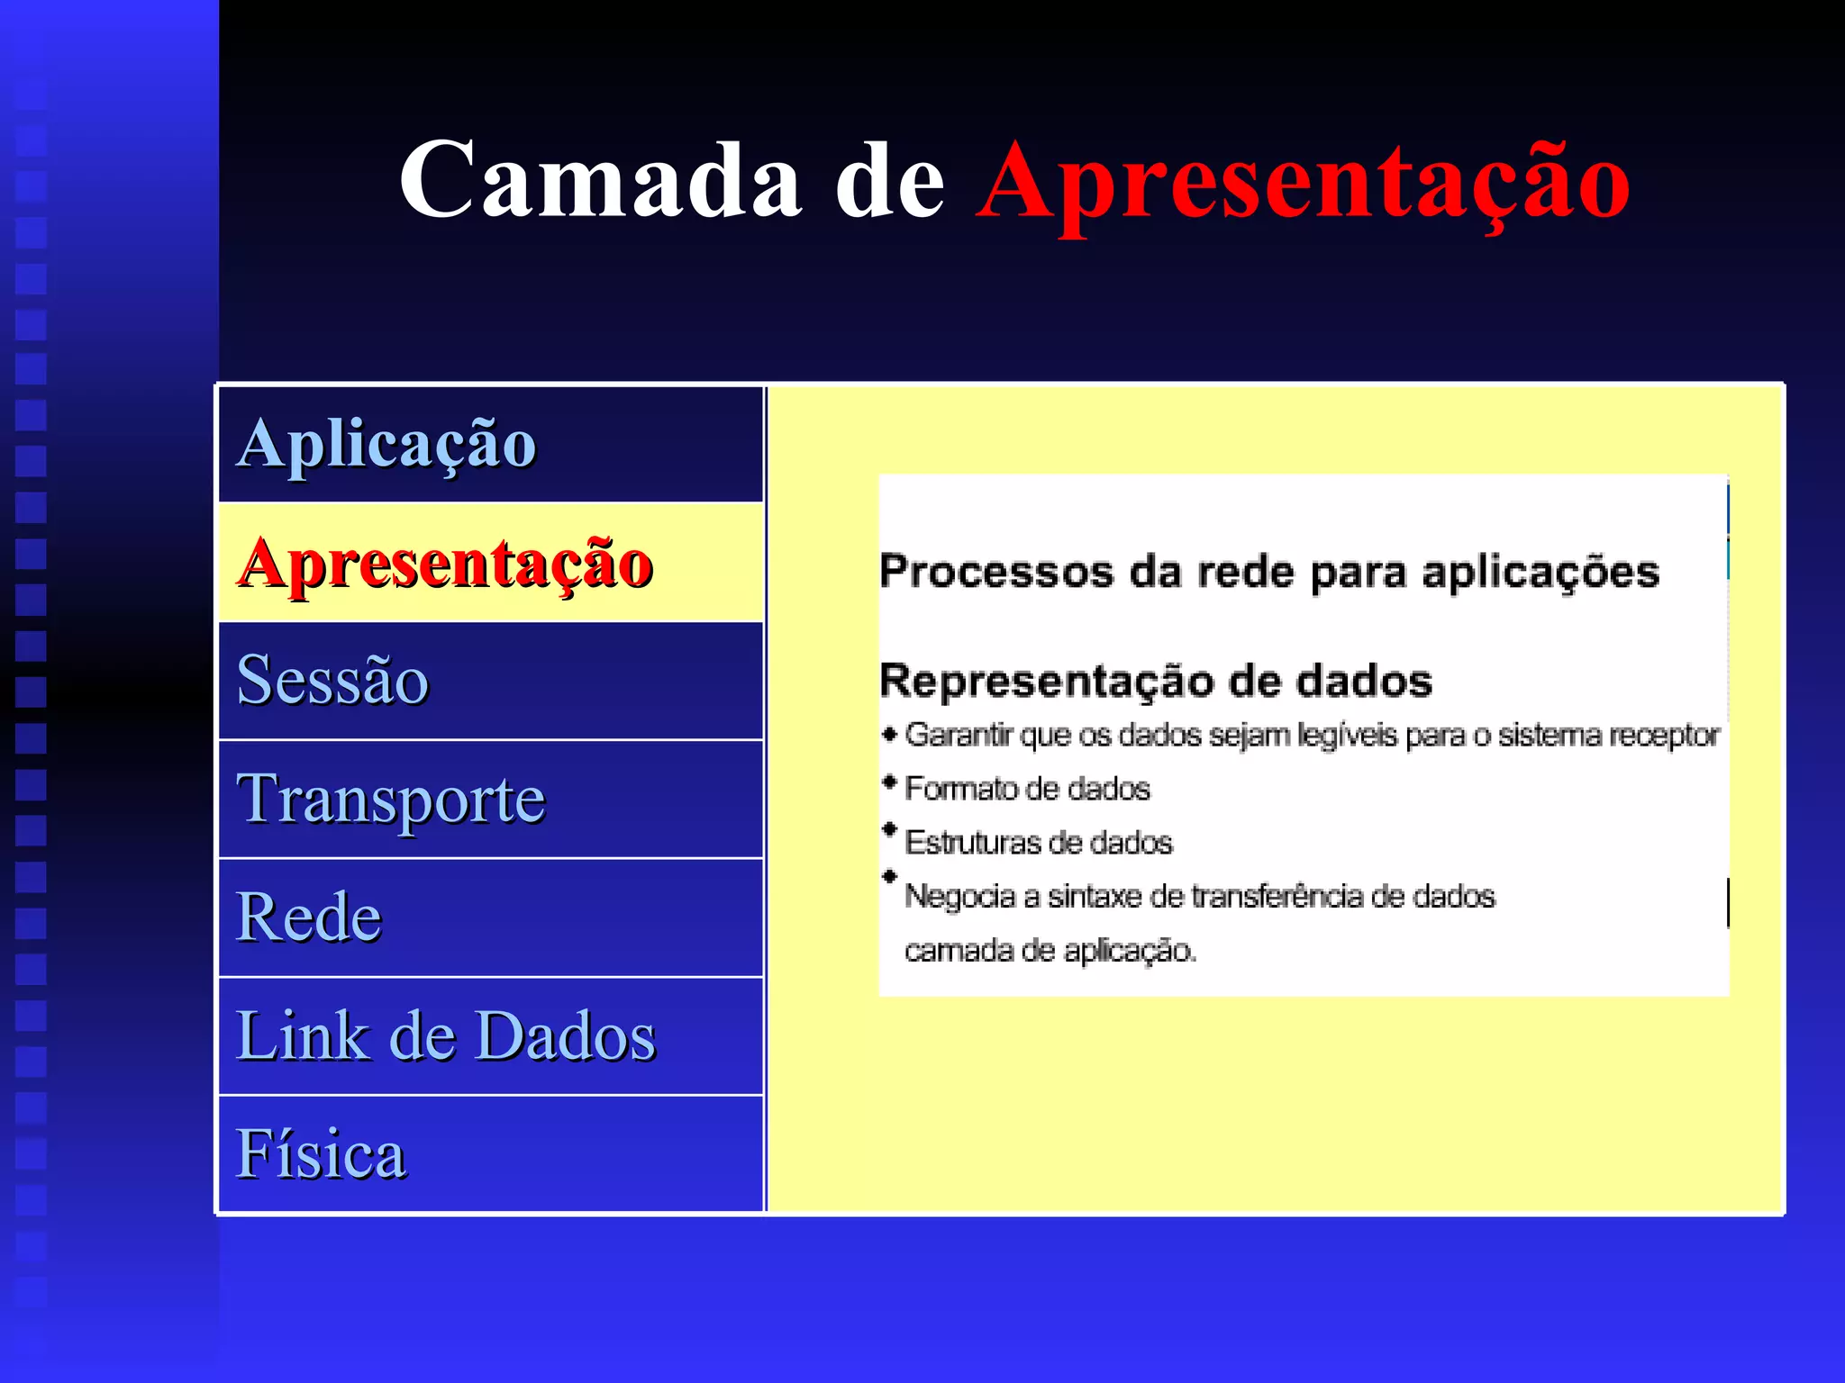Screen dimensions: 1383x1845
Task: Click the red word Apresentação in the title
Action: point(1303,183)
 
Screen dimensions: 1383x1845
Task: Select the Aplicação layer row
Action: point(490,444)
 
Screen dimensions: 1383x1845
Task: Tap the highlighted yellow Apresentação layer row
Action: point(490,563)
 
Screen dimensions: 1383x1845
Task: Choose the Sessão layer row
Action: point(490,681)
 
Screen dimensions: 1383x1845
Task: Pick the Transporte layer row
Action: point(490,800)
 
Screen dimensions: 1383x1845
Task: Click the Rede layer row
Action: point(490,917)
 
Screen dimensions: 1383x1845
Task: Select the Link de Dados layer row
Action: point(490,1036)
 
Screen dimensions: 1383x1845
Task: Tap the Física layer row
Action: point(490,1154)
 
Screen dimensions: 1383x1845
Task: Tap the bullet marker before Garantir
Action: point(890,735)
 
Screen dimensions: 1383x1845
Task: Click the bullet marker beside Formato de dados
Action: point(890,782)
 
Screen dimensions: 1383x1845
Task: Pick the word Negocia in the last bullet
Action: point(959,897)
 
